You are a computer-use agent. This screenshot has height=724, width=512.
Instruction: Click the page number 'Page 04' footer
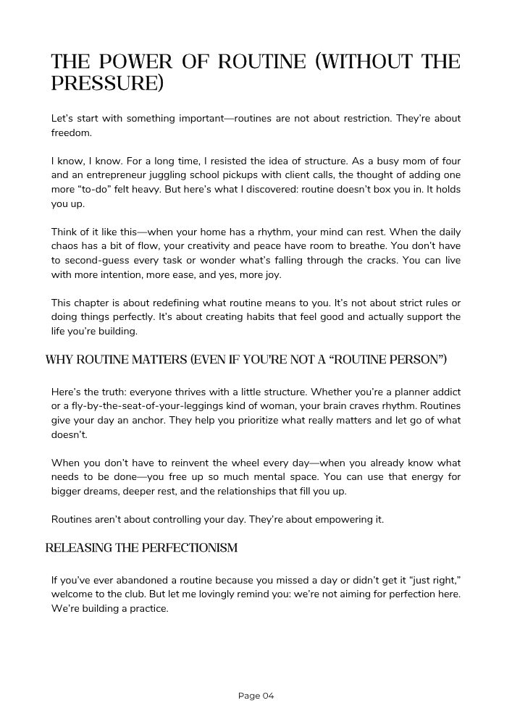point(256,696)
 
